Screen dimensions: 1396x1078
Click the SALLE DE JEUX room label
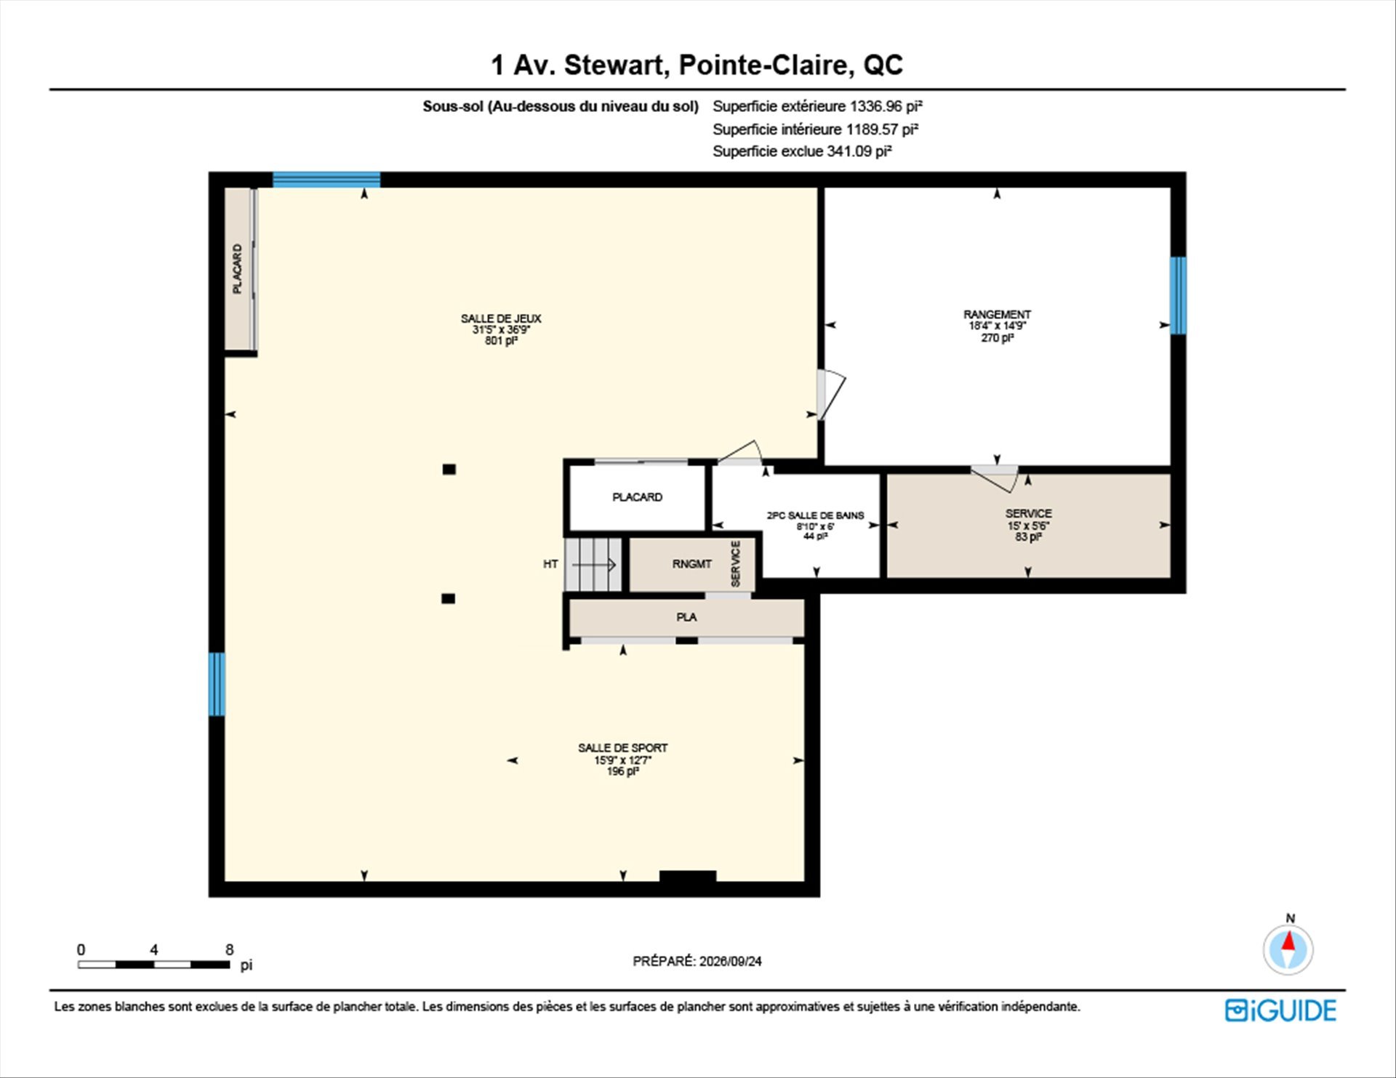(501, 318)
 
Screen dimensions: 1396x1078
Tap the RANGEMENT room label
(997, 315)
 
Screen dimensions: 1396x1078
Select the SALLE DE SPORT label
(622, 748)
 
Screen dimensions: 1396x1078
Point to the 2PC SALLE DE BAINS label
(815, 515)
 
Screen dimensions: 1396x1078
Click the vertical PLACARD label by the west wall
(237, 269)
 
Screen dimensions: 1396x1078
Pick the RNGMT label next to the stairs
(691, 564)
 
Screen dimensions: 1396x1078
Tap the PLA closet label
(686, 617)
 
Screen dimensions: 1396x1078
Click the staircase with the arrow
(594, 564)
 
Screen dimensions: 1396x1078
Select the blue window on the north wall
(326, 180)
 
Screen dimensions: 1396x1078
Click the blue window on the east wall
(1178, 295)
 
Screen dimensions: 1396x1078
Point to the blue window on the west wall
(217, 684)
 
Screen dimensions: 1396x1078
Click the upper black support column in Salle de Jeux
(449, 470)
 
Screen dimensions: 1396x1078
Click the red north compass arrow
(1289, 942)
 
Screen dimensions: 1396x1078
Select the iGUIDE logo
(1280, 1010)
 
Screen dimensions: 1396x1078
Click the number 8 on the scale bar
(230, 949)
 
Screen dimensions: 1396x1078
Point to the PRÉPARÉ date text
(697, 961)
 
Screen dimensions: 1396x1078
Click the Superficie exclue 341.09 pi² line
(802, 151)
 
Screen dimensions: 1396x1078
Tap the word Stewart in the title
(616, 65)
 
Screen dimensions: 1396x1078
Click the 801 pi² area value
(501, 340)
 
